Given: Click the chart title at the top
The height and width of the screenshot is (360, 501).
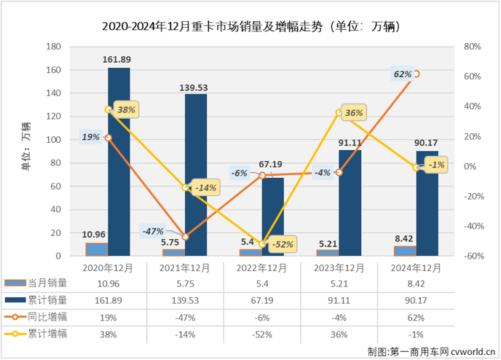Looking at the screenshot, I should (250, 27).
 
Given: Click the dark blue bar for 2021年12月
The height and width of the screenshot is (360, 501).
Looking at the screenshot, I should (195, 175).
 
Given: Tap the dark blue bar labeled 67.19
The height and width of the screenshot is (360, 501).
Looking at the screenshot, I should (272, 217).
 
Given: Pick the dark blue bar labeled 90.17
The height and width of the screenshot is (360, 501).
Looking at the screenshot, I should (427, 204).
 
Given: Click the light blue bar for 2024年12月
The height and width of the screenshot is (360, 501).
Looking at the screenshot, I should (405, 251).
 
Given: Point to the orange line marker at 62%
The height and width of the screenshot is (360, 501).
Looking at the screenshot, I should (416, 74).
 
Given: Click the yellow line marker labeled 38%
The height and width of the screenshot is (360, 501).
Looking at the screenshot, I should (109, 109).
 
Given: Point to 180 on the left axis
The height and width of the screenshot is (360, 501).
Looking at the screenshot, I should (52, 46).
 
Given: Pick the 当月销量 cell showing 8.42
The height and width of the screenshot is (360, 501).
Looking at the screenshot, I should (417, 283).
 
